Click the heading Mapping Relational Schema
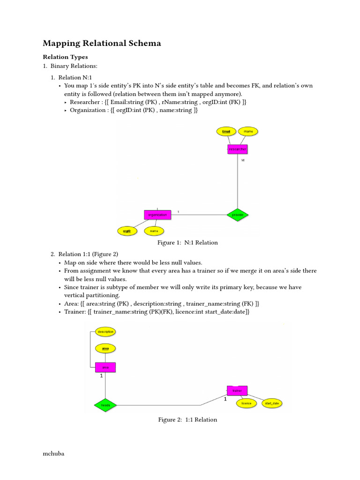click(x=102, y=44)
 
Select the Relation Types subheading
click(x=65, y=57)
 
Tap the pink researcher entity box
click(x=237, y=149)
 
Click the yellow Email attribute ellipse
click(x=226, y=132)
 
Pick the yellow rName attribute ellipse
click(x=248, y=132)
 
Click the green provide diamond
click(x=238, y=215)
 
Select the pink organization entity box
click(x=157, y=215)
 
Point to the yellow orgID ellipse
click(x=127, y=231)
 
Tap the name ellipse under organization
click(x=154, y=231)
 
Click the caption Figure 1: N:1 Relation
click(x=187, y=243)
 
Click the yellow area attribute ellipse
click(x=105, y=349)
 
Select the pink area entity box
click(x=105, y=367)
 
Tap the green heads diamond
click(x=105, y=405)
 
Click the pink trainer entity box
click(x=237, y=390)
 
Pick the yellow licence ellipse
click(x=247, y=403)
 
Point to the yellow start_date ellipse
click(x=272, y=403)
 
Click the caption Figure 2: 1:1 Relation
click(x=187, y=420)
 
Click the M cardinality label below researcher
click(x=243, y=161)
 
